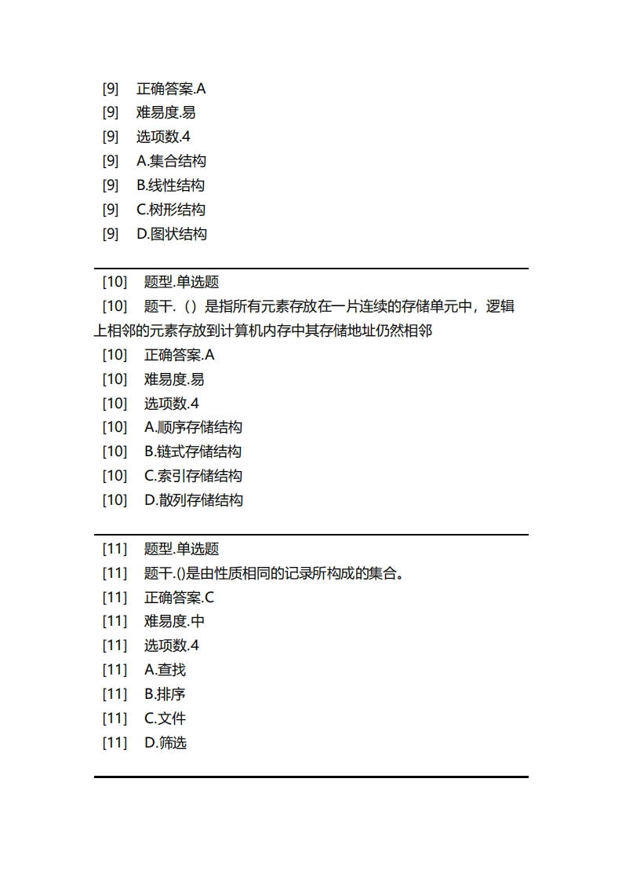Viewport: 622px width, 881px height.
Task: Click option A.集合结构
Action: click(171, 161)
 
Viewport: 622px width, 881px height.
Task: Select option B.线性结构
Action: click(170, 185)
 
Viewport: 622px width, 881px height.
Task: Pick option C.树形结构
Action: click(171, 210)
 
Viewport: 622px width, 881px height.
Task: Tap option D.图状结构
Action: click(171, 234)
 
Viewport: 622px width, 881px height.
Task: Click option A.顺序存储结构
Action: click(193, 427)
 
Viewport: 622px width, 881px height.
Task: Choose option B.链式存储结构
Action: click(193, 451)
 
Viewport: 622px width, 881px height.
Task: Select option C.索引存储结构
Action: click(193, 476)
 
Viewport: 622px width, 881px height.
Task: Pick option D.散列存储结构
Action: click(193, 500)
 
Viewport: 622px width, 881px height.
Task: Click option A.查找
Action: click(165, 670)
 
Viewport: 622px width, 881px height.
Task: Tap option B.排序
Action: click(165, 694)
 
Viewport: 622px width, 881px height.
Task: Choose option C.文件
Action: click(165, 718)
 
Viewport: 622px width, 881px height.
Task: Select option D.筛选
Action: click(165, 743)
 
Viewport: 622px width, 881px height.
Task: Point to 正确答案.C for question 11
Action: click(179, 598)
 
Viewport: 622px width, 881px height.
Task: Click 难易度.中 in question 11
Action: click(174, 621)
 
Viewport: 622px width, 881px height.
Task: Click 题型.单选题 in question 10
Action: click(181, 282)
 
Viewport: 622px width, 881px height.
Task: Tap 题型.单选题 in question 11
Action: click(181, 549)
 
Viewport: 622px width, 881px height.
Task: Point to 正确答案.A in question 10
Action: click(179, 355)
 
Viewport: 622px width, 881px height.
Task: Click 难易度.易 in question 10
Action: click(174, 379)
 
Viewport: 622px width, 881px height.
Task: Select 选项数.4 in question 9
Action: click(163, 137)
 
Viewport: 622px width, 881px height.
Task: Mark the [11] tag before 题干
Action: click(115, 573)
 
